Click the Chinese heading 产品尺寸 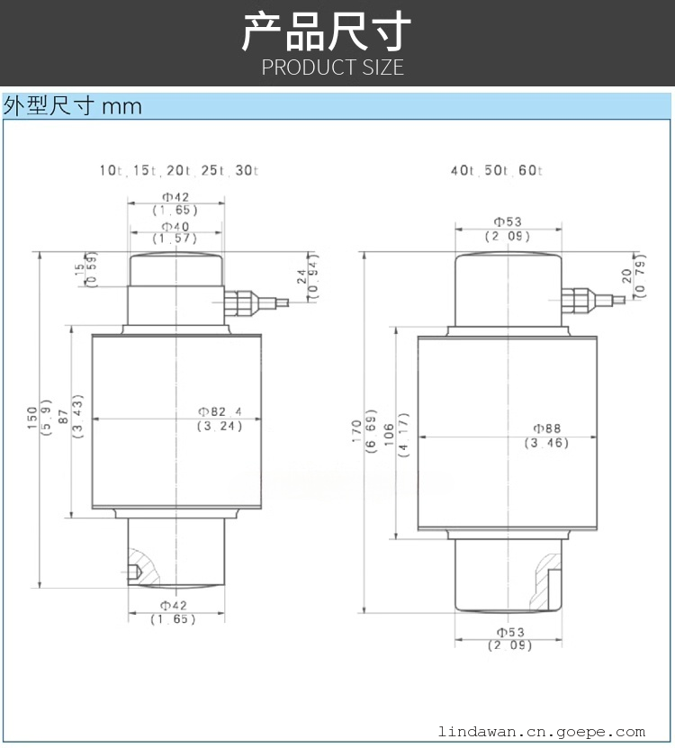point(327,32)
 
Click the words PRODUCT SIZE point(332,68)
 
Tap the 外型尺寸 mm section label point(73,105)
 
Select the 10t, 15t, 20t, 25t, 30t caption point(179,170)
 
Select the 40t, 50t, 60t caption point(497,170)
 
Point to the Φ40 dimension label point(175,227)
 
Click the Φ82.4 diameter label point(220,411)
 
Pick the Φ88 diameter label point(546,428)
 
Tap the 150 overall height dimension point(32,419)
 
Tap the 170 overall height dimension point(356,431)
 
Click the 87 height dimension point(63,417)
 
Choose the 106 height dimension point(389,435)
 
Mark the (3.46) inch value point(546,443)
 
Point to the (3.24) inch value point(220,426)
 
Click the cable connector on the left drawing point(256,302)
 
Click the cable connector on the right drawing point(593,300)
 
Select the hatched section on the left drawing point(146,566)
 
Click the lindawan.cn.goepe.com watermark point(542,731)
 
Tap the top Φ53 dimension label point(508,221)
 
